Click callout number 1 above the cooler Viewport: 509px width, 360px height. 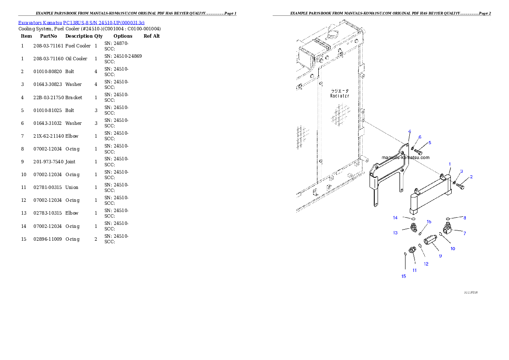pos(450,164)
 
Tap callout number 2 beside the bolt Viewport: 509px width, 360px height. pos(471,177)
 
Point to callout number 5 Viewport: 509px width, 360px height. pos(429,142)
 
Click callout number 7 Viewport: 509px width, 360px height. pos(465,233)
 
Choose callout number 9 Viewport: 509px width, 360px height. pos(440,256)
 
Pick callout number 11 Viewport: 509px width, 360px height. pos(414,270)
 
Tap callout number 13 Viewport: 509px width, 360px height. pos(395,233)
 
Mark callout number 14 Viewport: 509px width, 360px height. pos(395,218)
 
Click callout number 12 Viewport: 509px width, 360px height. pos(426,264)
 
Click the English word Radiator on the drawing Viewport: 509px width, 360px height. pos(340,96)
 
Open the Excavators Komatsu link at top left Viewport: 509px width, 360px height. pos(81,22)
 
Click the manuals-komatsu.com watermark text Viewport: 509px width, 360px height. pos(405,157)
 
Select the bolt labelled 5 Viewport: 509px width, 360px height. pos(418,152)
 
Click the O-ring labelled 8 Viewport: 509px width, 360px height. pos(447,219)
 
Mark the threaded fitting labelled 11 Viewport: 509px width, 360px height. pos(412,250)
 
